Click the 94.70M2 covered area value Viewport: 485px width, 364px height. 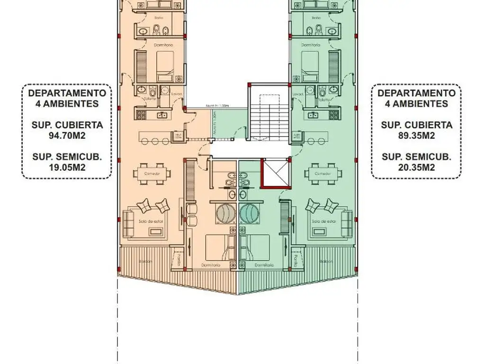[x=67, y=135]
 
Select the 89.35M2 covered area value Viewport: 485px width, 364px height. [x=416, y=135]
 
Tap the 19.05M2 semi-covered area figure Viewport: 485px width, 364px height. [x=67, y=166]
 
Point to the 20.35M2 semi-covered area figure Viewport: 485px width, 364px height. [x=416, y=166]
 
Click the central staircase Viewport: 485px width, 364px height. [x=268, y=113]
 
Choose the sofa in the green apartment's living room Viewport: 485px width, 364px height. [x=347, y=222]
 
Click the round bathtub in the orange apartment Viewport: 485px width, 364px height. [x=226, y=213]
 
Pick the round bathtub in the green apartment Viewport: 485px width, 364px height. [x=250, y=213]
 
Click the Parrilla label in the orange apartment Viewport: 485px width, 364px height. [x=179, y=261]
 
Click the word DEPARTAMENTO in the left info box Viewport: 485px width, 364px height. [x=67, y=93]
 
